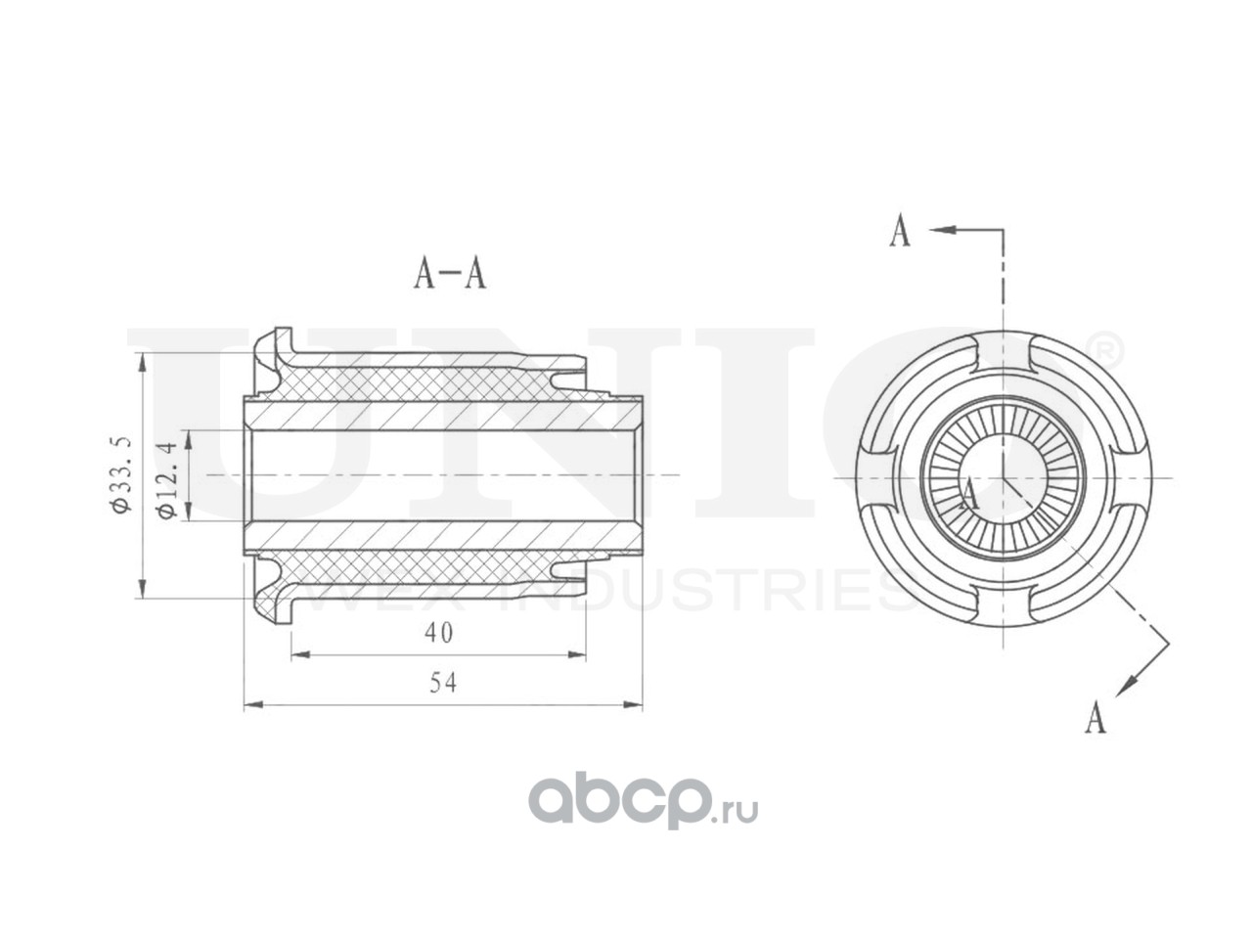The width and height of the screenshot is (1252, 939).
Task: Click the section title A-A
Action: pos(450,273)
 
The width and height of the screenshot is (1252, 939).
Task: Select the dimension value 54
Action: pos(443,683)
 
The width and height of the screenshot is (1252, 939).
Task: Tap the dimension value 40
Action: pos(438,633)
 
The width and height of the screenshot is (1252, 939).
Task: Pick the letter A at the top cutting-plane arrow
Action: pos(900,230)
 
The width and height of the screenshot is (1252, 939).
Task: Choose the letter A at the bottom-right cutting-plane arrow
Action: pos(1095,717)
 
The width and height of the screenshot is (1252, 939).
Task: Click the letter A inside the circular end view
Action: pos(968,494)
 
